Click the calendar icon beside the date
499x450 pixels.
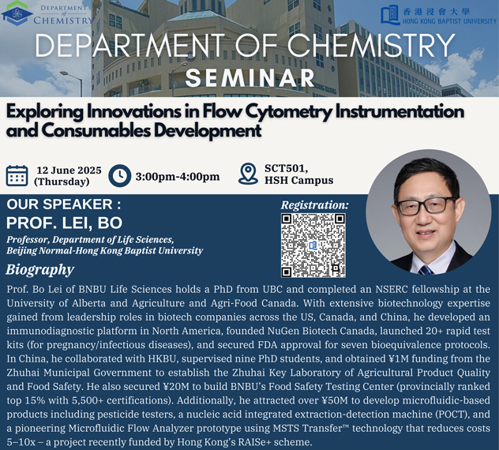17,176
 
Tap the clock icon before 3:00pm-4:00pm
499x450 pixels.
120,176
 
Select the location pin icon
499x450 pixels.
248,174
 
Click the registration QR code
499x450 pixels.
313,245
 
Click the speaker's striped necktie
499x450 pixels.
426,270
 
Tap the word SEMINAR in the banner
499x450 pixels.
250,78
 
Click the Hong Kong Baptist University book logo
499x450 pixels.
390,14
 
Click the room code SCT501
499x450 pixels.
286,168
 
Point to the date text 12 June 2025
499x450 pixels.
69,171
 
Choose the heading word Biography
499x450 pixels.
39,270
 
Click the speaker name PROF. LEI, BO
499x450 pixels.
64,223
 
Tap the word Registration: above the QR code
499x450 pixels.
315,205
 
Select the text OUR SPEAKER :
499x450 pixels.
64,204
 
